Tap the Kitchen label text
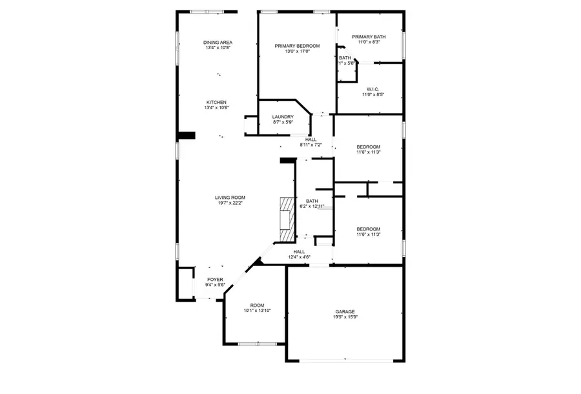click(216, 103)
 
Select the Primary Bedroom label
click(297, 46)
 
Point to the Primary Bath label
click(369, 37)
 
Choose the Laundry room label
click(283, 116)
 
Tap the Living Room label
click(230, 198)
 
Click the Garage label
click(345, 311)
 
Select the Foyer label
click(215, 280)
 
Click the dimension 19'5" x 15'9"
click(345, 316)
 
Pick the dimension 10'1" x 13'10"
click(257, 311)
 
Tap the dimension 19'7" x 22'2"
click(230, 203)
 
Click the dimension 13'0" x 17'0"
click(297, 51)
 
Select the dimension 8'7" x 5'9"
click(283, 121)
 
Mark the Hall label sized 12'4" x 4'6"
click(299, 252)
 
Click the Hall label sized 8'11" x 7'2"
click(311, 140)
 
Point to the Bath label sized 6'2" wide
click(312, 201)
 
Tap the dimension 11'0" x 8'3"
click(369, 42)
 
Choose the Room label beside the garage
click(257, 306)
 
